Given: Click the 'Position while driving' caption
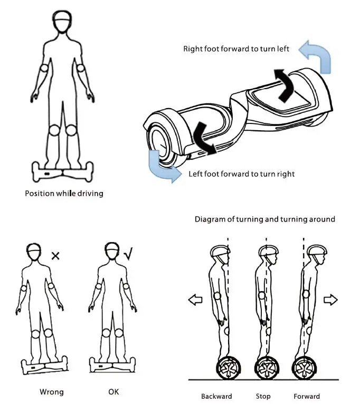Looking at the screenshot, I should pyautogui.click(x=64, y=193).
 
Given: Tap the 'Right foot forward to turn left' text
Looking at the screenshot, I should pyautogui.click(x=236, y=49).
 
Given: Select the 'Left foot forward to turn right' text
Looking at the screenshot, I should pyautogui.click(x=242, y=174).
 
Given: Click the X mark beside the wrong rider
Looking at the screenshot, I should pyautogui.click(x=55, y=256).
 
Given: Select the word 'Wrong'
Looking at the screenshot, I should pyautogui.click(x=52, y=392).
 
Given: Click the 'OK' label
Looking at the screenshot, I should pyautogui.click(x=113, y=392).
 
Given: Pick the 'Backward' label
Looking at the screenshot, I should pyautogui.click(x=217, y=396).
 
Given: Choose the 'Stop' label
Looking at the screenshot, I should pyautogui.click(x=263, y=396).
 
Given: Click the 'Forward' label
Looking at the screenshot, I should pyautogui.click(x=307, y=396).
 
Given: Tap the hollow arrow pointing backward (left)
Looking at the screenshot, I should pyautogui.click(x=195, y=301).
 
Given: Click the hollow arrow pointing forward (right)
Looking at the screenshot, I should pyautogui.click(x=330, y=300).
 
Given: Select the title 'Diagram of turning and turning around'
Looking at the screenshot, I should pyautogui.click(x=264, y=219).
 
